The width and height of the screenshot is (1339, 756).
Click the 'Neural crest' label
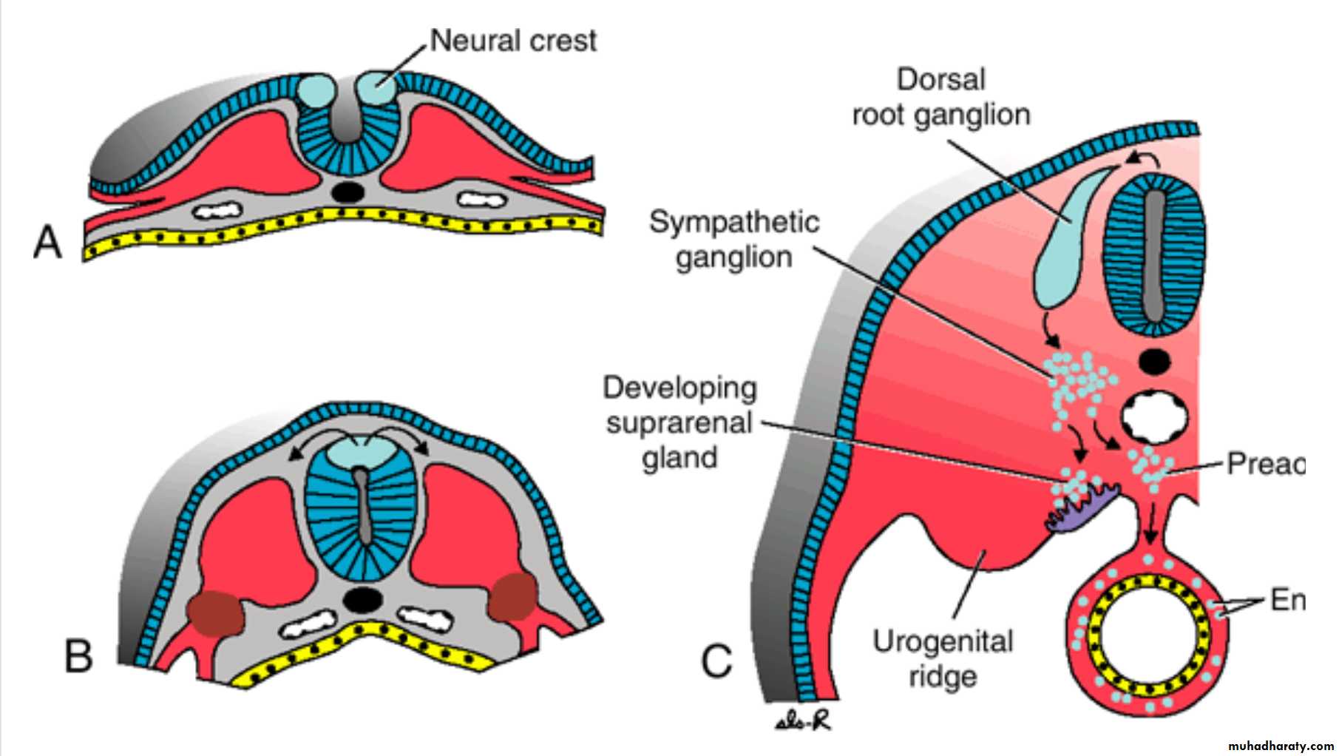click(x=513, y=41)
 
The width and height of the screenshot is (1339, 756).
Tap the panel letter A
click(x=48, y=242)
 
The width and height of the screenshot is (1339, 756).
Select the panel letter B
click(x=78, y=655)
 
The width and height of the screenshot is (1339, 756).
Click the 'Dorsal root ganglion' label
click(x=940, y=97)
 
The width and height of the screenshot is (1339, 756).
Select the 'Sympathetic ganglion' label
click(x=734, y=240)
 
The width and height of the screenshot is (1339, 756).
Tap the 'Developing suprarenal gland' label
click(x=679, y=422)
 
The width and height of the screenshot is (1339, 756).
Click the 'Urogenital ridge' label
click(x=943, y=658)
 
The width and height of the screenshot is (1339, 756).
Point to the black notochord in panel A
click(x=348, y=192)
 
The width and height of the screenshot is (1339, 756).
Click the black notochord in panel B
click(x=362, y=599)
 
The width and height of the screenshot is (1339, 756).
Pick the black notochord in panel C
click(x=1154, y=362)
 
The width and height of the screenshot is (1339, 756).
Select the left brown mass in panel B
click(x=215, y=613)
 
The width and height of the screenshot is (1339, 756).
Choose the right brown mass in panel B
click(x=513, y=596)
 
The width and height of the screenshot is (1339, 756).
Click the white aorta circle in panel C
click(x=1155, y=418)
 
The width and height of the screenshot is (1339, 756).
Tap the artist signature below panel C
click(x=804, y=720)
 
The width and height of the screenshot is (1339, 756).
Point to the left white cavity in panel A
click(x=217, y=212)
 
